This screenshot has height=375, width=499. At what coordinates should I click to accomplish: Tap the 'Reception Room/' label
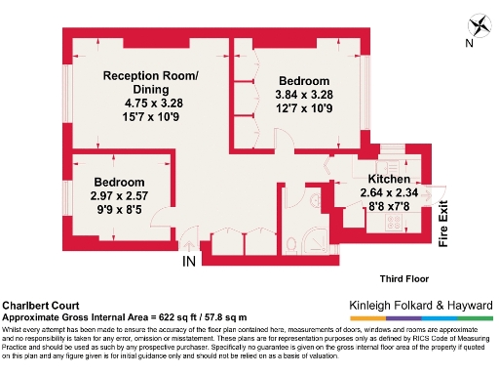[x=151, y=76]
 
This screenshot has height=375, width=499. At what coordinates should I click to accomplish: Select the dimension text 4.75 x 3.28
[x=151, y=103]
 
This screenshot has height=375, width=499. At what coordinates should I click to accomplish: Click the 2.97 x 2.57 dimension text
[x=120, y=195]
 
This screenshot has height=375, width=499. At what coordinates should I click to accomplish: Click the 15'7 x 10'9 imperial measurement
[x=151, y=116]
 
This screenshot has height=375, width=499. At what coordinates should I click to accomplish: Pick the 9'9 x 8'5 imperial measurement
[x=120, y=208]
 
